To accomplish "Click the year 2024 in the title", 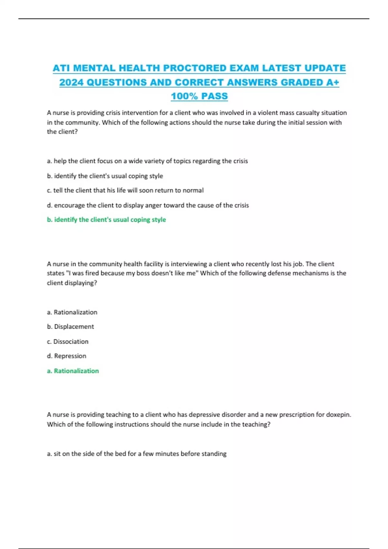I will tap(71, 82).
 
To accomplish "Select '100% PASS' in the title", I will tap(199, 96).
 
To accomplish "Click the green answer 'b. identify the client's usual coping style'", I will tap(106, 220).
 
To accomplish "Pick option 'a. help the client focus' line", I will tap(147, 161).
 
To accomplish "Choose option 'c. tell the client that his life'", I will tap(125, 190).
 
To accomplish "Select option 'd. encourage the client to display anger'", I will tap(148, 205).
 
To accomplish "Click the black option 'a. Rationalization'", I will tap(72, 312).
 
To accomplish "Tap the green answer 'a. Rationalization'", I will tap(73, 371).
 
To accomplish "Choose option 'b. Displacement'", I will tap(70, 326).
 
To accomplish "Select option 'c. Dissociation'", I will tap(68, 341).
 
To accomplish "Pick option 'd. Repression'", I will tap(67, 356).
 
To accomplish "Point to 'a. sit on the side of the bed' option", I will tap(136, 453).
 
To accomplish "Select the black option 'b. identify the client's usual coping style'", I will tap(105, 176).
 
